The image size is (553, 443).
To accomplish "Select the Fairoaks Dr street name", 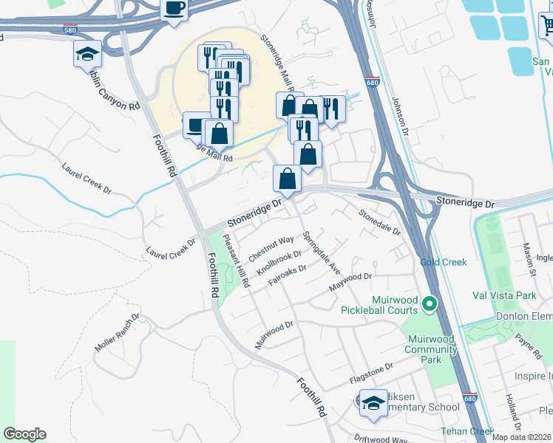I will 287,275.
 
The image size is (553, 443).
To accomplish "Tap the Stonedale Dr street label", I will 379,221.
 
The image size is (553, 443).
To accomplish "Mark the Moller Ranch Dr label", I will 117,333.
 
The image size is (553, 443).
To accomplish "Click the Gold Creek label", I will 444,262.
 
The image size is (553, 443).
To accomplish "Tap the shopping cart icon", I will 546,27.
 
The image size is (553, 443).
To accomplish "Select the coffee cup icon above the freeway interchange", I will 174,9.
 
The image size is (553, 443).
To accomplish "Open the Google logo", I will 24,434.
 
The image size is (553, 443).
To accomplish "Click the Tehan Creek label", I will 467,431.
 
